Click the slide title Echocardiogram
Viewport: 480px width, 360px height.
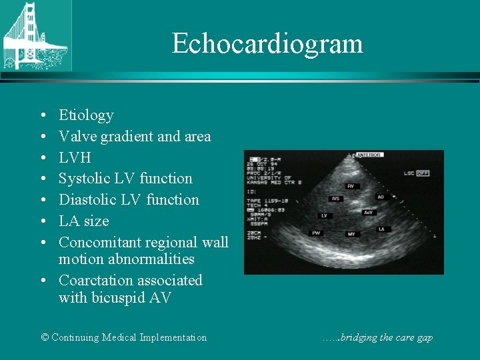(267, 44)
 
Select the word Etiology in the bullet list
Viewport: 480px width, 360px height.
(86, 115)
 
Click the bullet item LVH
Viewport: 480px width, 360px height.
(75, 157)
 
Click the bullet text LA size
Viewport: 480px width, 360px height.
(83, 221)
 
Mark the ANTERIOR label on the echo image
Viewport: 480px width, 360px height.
(368, 155)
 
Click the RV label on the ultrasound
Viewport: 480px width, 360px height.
(350, 186)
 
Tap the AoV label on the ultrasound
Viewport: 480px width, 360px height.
(367, 212)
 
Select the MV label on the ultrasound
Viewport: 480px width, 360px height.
(351, 234)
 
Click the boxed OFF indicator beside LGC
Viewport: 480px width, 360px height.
(423, 173)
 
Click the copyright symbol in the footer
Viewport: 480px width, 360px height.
(45, 337)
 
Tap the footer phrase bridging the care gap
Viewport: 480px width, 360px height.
(386, 337)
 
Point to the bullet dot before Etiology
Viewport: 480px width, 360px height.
(43, 116)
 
